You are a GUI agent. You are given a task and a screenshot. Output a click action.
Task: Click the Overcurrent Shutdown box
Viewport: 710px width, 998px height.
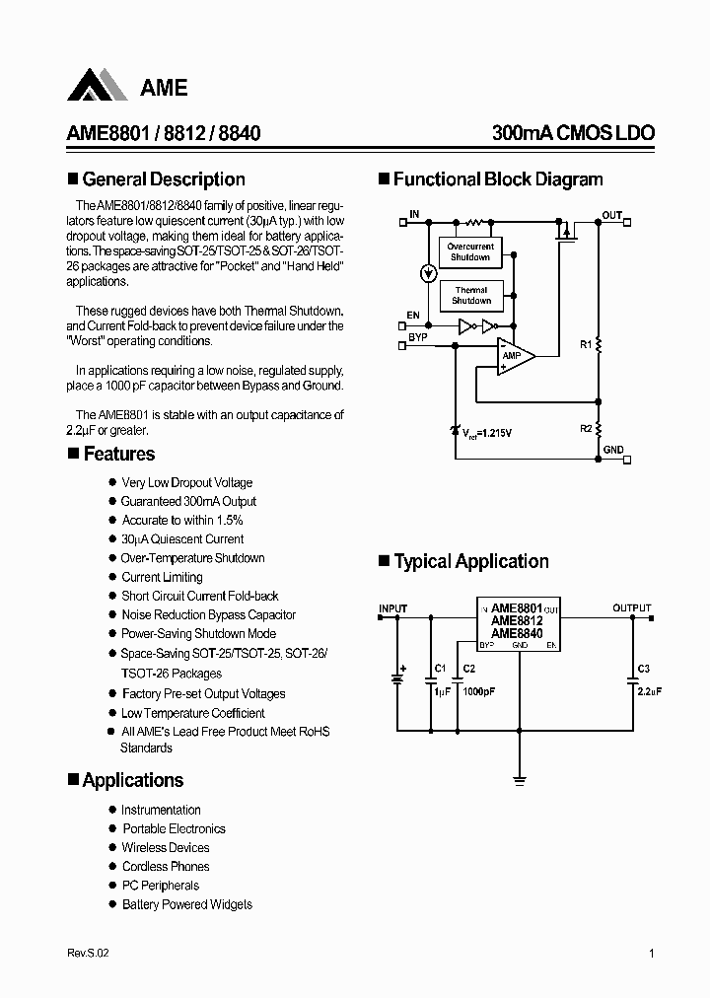click(x=470, y=251)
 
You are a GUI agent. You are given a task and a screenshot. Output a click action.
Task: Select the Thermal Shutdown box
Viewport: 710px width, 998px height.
click(x=470, y=295)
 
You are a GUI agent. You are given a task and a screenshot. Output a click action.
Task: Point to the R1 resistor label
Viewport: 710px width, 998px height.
click(x=585, y=345)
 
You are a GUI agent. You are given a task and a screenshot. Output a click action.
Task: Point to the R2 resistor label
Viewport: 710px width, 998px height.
click(x=585, y=428)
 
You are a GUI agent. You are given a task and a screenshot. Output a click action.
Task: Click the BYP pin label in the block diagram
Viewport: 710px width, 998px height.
click(x=418, y=337)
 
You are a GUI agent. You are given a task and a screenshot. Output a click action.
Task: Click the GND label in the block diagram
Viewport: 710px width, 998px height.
click(x=613, y=450)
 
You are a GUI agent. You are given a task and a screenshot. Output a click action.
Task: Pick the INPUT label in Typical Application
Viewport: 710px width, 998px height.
click(x=393, y=608)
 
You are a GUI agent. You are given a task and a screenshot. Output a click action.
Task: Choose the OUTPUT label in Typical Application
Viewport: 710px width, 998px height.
click(x=631, y=608)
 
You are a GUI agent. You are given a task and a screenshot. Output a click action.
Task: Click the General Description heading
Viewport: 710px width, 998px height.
click(x=164, y=179)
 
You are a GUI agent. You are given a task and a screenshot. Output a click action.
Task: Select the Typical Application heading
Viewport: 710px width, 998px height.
click(x=471, y=562)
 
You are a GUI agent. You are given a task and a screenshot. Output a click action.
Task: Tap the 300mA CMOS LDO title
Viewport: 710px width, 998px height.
click(x=573, y=134)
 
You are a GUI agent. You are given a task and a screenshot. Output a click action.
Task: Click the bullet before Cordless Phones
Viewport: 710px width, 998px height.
click(x=112, y=867)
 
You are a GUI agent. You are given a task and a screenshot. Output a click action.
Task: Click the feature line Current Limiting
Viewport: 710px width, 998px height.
click(x=162, y=577)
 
